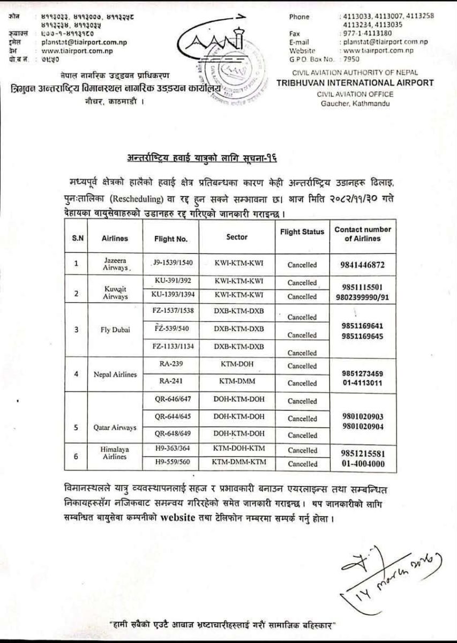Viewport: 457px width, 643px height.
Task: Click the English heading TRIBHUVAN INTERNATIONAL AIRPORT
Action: tap(355, 83)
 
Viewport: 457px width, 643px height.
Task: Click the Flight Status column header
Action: tap(302, 232)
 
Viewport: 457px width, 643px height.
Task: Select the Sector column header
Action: tap(237, 236)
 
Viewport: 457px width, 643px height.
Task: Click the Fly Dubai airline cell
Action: tap(115, 329)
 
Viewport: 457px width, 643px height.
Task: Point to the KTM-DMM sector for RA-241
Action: tap(237, 382)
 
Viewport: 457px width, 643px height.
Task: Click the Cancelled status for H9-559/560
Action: tap(302, 465)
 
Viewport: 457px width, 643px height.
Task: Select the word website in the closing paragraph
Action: tap(199, 519)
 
